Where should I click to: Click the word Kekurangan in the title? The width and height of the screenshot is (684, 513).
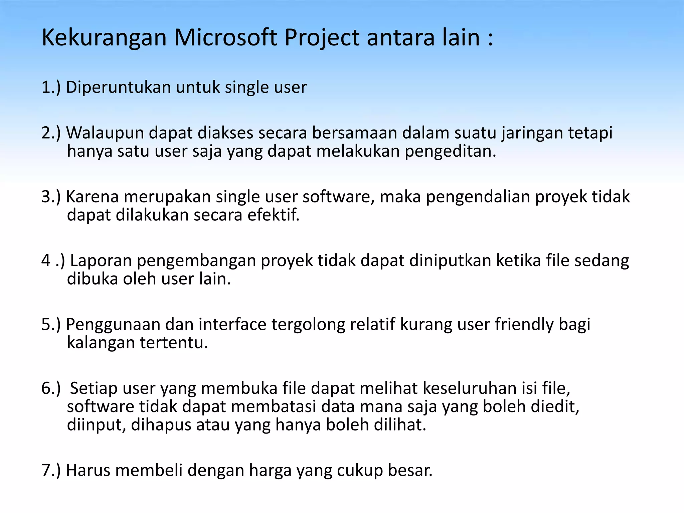pyautogui.click(x=104, y=37)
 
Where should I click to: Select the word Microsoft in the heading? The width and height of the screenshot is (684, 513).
pyautogui.click(x=225, y=37)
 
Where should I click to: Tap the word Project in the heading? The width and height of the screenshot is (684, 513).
pyautogui.click(x=322, y=37)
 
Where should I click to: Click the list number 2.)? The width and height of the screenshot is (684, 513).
pyautogui.click(x=51, y=133)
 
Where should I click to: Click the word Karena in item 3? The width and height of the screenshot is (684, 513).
pyautogui.click(x=93, y=197)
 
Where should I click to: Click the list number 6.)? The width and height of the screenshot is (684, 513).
pyautogui.click(x=51, y=388)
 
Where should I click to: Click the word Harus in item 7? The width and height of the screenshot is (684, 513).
pyautogui.click(x=88, y=470)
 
